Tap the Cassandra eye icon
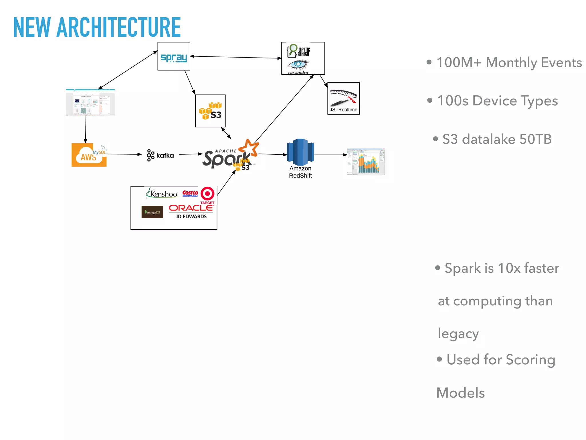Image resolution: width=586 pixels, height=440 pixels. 298,65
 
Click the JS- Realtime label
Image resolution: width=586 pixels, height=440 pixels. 343,110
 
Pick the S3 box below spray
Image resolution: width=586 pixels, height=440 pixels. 210,111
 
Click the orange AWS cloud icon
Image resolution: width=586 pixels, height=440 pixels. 89,155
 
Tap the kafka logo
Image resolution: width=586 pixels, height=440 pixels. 160,155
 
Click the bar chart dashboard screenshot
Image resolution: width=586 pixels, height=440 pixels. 366,162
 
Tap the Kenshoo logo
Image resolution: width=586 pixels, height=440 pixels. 162,194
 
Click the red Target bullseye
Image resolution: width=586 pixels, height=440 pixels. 207,194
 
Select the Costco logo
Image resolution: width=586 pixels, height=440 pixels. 190,193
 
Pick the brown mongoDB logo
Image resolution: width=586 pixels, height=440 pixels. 152,212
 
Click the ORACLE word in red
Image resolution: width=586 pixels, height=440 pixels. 191,208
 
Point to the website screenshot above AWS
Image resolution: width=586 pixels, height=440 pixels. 90,102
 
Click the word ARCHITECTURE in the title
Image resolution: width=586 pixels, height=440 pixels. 118,27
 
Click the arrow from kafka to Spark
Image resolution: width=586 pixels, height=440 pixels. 191,154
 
